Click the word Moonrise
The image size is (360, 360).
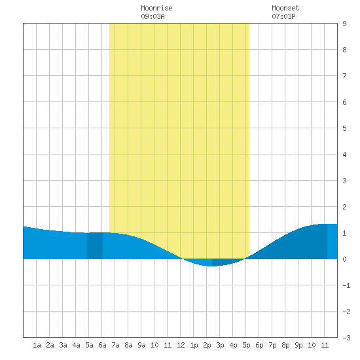pyautogui.click(x=156, y=8)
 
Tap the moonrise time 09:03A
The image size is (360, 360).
pyautogui.click(x=153, y=16)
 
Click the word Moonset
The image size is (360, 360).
pyautogui.click(x=285, y=8)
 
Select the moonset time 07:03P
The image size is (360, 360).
pyautogui.click(x=283, y=16)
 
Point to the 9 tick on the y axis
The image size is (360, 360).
pyautogui.click(x=344, y=24)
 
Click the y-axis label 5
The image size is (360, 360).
pyautogui.click(x=344, y=128)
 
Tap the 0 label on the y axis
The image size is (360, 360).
pyautogui.click(x=344, y=259)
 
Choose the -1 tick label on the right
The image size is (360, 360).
pyautogui.click(x=346, y=285)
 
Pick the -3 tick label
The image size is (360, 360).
pyautogui.click(x=346, y=338)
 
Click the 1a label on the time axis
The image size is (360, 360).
pyautogui.click(x=37, y=345)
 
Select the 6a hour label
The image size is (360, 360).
pyautogui.click(x=102, y=345)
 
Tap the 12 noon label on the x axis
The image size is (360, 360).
pyautogui.click(x=181, y=345)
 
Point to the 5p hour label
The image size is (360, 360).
pyautogui.click(x=246, y=345)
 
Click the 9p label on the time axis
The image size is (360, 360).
pyautogui.click(x=298, y=345)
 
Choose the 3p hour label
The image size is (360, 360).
pyautogui.click(x=220, y=345)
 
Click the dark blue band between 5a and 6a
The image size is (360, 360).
pyautogui.click(x=95, y=245)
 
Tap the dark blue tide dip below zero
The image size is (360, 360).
pyautogui.click(x=226, y=262)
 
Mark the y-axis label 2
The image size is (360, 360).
pyautogui.click(x=344, y=207)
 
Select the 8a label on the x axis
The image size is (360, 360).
pyautogui.click(x=128, y=345)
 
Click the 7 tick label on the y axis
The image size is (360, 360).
pyautogui.click(x=344, y=76)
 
